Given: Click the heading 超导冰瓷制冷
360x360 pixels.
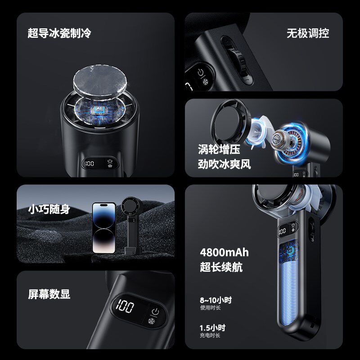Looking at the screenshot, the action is point(59,33).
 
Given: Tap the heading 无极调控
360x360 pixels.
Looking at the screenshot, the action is point(308,33).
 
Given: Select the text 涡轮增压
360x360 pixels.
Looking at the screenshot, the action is point(219,149).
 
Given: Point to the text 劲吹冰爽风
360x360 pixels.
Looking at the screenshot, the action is point(224,164).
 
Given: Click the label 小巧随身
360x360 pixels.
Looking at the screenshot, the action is point(49,209).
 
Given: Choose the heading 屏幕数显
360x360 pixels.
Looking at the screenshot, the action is point(49,294).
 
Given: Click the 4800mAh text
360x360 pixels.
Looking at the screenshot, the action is point(224,252).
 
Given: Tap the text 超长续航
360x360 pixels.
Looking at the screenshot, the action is point(221,267).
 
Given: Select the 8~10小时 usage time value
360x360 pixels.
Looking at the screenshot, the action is point(216,300).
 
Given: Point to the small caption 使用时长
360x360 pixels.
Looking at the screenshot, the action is point(210,308).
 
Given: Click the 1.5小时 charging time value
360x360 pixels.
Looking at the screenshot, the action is point(212,328).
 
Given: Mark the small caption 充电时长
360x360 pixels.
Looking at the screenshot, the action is point(210,335).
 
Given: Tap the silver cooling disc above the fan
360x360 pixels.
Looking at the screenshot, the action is point(100,81).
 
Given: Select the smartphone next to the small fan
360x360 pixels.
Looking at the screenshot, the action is point(104,228).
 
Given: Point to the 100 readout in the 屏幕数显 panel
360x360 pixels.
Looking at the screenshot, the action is point(125,306).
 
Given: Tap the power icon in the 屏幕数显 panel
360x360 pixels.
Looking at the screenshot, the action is point(155,312).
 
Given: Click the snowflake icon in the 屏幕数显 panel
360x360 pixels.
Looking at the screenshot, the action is point(151,321).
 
